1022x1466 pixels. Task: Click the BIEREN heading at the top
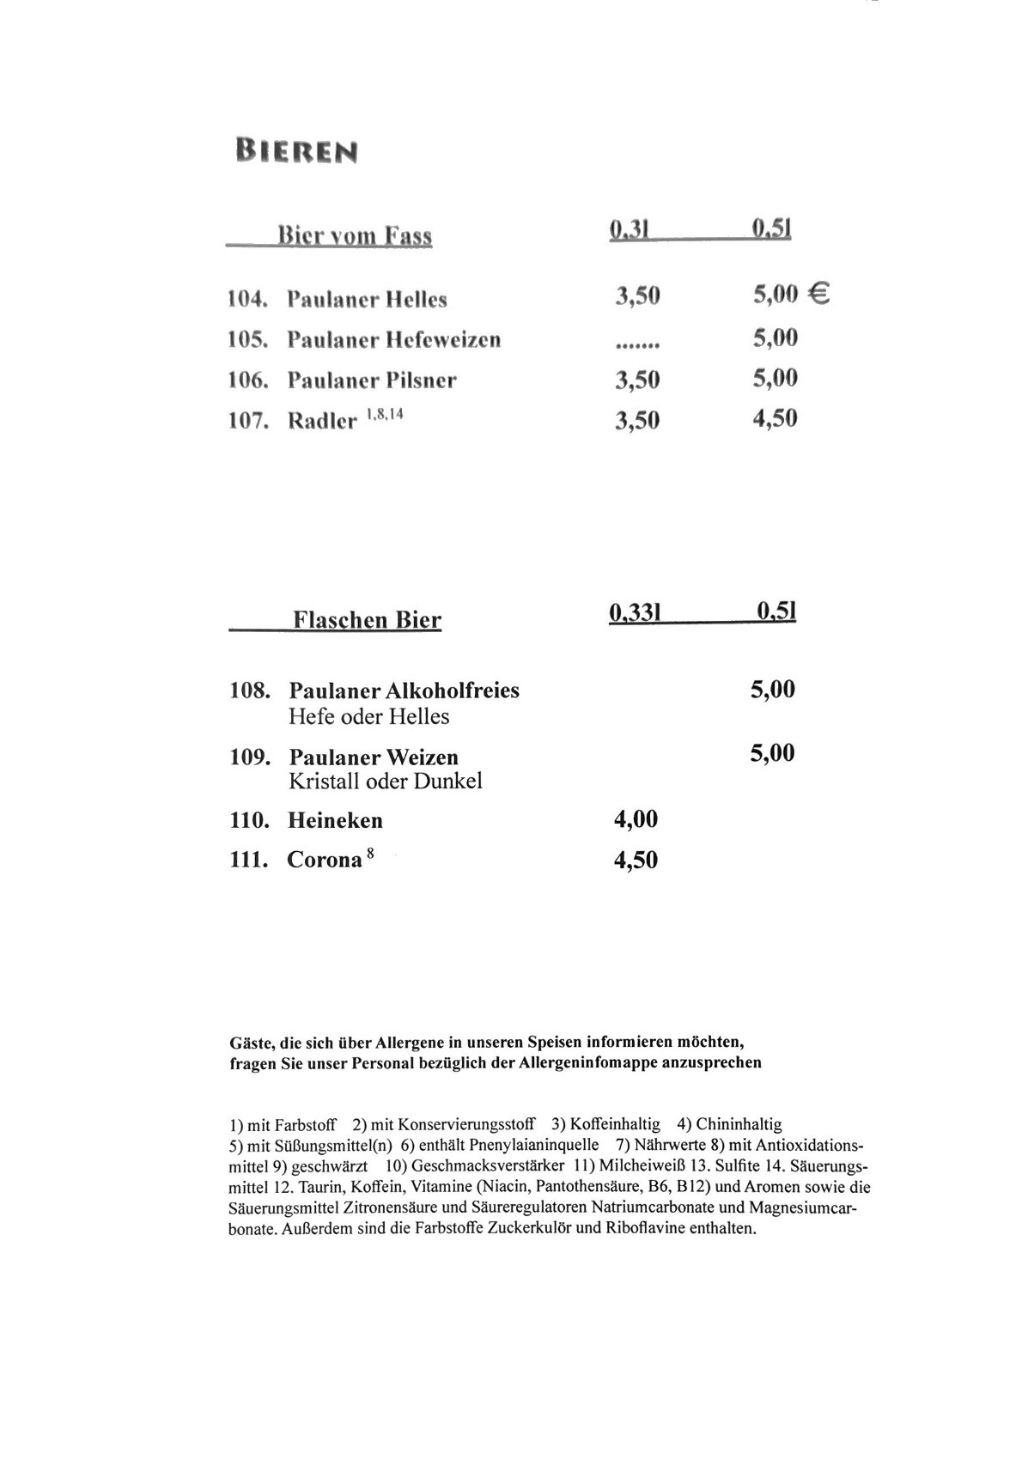click(296, 152)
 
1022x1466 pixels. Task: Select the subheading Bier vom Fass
click(354, 235)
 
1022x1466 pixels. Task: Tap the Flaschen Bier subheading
click(367, 620)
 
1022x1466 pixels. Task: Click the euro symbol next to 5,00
click(819, 295)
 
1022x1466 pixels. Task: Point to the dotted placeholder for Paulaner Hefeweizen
click(637, 345)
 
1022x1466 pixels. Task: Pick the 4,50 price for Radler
click(775, 418)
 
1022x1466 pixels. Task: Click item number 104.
click(247, 300)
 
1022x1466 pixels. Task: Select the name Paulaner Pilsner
click(371, 380)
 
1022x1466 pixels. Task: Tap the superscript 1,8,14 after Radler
click(385, 414)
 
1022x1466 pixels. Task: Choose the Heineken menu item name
click(335, 820)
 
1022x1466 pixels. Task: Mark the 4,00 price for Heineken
click(636, 819)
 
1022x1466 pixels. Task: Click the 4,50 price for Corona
click(636, 860)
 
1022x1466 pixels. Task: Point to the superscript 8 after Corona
click(370, 853)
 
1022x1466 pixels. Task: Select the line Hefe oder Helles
click(368, 716)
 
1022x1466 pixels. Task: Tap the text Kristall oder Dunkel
click(385, 781)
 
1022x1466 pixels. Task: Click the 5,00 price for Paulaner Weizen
click(772, 753)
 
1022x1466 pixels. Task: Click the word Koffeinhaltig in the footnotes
click(615, 1123)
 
